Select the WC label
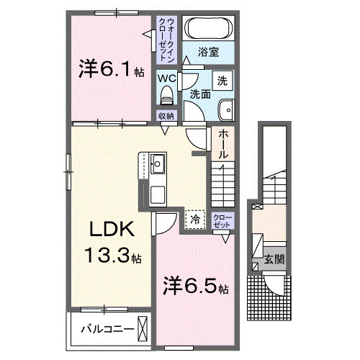pyautogui.click(x=167, y=77)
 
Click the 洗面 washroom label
pyautogui.click(x=200, y=94)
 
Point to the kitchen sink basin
pyautogui.click(x=158, y=165)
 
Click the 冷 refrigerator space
pyautogui.click(x=194, y=217)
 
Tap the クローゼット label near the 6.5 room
pyautogui.click(x=222, y=220)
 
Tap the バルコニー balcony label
pyautogui.click(x=107, y=330)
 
